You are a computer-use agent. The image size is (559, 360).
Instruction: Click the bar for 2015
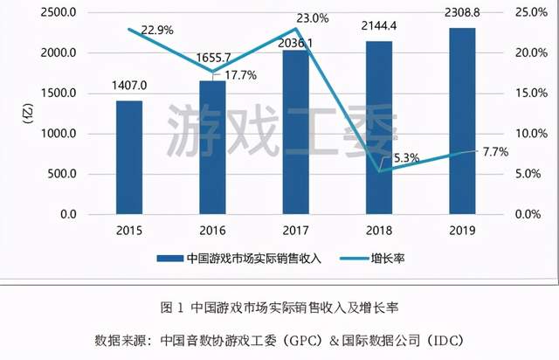point(129,157)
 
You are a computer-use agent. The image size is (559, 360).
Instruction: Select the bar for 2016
point(212,147)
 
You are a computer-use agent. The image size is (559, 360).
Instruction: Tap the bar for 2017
point(295,131)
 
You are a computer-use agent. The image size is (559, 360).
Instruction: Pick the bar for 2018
point(379,127)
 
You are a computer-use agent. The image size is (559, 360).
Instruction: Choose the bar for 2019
point(462,121)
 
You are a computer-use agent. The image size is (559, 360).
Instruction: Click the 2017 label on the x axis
point(295,232)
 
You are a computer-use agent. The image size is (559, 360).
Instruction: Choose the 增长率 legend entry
point(408,259)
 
